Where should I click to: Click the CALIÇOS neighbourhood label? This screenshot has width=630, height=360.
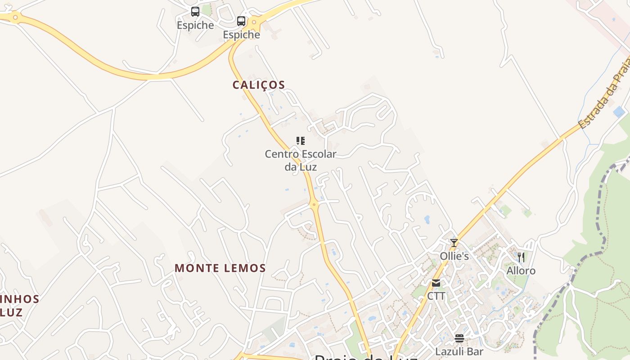point(259,85)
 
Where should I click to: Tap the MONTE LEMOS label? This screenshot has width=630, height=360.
point(220,268)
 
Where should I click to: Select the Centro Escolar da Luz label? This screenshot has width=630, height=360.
point(300,160)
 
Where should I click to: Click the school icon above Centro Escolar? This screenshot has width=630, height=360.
point(301,141)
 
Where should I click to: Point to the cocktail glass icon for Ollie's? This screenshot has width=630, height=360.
point(454,243)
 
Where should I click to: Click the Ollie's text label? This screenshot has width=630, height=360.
point(454,256)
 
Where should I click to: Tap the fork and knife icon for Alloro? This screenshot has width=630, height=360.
point(521,257)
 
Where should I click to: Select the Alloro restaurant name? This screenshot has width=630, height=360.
point(521,271)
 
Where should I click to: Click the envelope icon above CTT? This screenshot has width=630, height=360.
point(436,283)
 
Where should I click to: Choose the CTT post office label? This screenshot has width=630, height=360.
point(436,296)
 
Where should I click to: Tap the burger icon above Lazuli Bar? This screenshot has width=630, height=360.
point(459,338)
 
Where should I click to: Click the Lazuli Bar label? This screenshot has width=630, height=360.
point(459,351)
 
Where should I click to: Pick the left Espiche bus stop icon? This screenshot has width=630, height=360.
point(195,12)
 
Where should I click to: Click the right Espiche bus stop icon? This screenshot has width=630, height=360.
point(241,21)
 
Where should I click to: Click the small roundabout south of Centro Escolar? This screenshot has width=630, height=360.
point(314,204)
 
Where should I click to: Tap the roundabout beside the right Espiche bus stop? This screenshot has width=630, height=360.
point(254,22)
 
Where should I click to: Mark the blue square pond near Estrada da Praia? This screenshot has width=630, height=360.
point(619,112)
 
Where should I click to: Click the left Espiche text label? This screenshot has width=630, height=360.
point(195,25)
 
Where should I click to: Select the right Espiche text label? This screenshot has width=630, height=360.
point(241,35)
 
